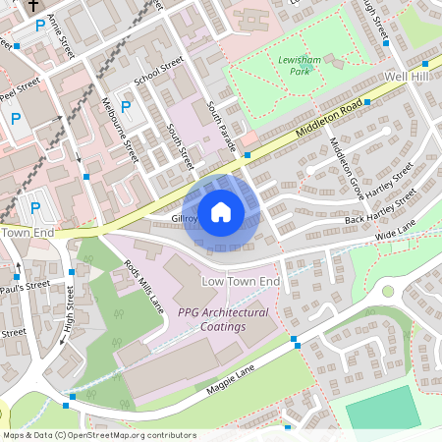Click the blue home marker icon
[221, 212]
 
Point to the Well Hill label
[408, 76]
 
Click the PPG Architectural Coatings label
[223, 319]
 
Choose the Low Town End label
[241, 282]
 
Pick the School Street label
[159, 71]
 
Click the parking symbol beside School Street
[126, 106]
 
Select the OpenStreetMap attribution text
[99, 435]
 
